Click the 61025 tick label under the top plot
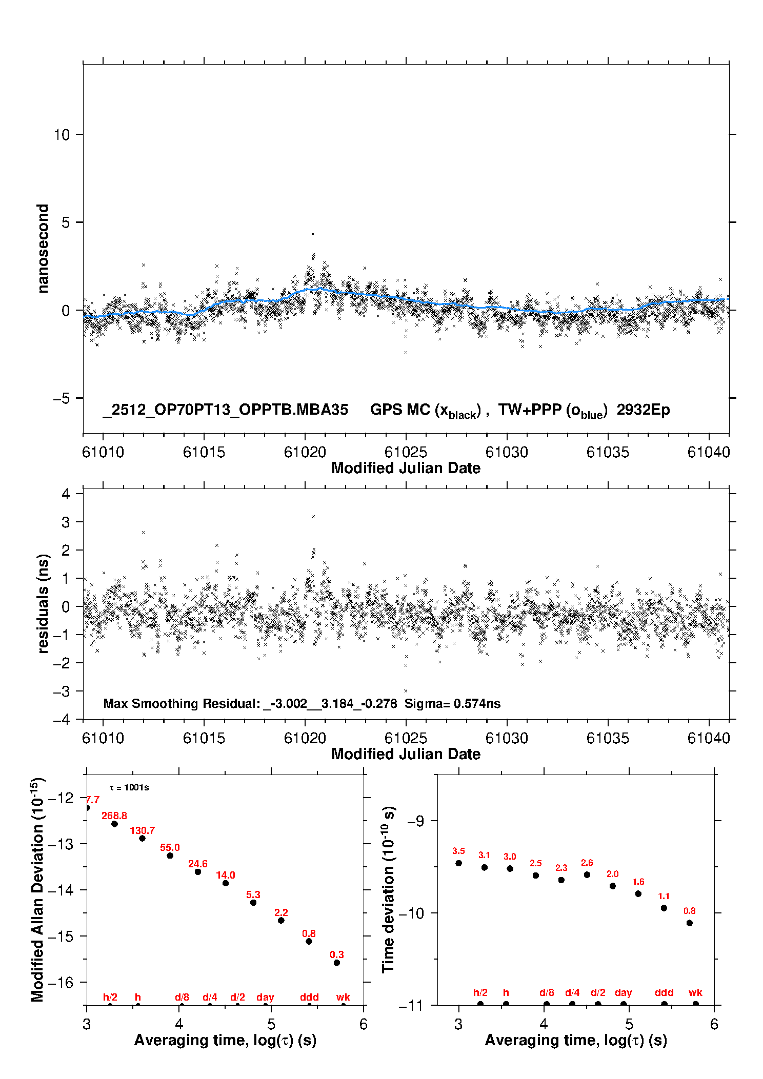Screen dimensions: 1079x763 (x=406, y=452)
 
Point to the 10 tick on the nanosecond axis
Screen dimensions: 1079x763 (x=62, y=135)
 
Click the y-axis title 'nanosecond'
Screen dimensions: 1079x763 (x=43, y=249)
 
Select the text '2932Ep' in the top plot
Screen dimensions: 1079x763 (x=643, y=410)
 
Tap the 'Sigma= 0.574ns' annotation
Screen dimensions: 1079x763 (x=452, y=703)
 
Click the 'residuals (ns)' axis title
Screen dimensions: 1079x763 (x=43, y=603)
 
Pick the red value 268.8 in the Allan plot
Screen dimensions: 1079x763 (x=114, y=816)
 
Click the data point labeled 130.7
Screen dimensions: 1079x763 (x=142, y=838)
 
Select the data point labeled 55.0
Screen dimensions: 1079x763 (x=170, y=856)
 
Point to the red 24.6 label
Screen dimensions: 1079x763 (x=197, y=864)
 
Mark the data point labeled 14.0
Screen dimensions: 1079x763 (x=225, y=883)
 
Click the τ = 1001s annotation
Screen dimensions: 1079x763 (x=129, y=788)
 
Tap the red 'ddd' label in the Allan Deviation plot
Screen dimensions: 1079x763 (x=309, y=997)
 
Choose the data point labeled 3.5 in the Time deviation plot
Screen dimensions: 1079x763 (x=458, y=863)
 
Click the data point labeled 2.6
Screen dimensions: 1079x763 (x=587, y=874)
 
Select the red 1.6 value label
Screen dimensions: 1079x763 (x=638, y=882)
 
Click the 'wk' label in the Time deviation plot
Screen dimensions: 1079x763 (x=695, y=992)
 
